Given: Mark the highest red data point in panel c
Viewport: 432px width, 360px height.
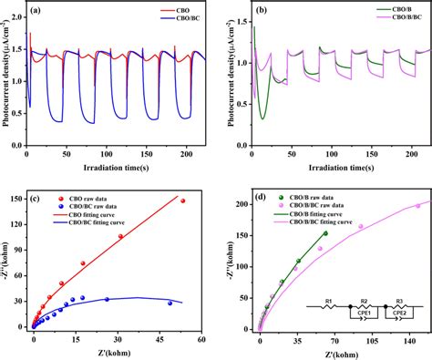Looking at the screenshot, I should [x=182, y=201].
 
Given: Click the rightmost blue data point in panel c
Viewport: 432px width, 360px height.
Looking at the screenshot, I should [x=170, y=303].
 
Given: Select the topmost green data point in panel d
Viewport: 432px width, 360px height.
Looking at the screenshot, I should [x=325, y=233].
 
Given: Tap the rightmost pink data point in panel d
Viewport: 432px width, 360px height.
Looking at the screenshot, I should [x=418, y=206].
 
